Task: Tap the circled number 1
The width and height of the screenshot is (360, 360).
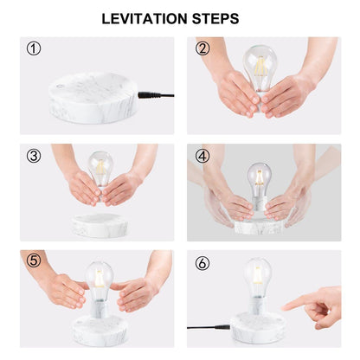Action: pyautogui.click(x=34, y=48)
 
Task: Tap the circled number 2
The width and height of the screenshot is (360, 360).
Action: pyautogui.click(x=202, y=48)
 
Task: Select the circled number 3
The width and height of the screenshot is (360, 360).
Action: pyautogui.click(x=34, y=156)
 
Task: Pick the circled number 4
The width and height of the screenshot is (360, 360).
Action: pyautogui.click(x=202, y=156)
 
